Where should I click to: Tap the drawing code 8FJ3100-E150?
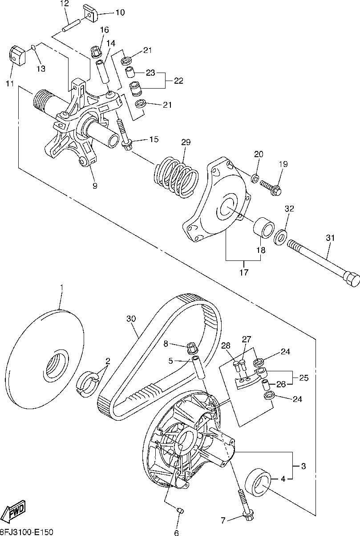click(26, 532)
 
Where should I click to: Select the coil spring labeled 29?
click(176, 177)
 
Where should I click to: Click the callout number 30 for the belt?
click(131, 319)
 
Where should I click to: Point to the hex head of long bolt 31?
click(351, 279)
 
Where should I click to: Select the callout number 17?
click(244, 272)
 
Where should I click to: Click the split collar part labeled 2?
click(87, 384)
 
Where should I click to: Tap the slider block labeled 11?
click(17, 55)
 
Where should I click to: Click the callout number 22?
click(178, 81)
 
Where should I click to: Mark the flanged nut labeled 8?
click(192, 348)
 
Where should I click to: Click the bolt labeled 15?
click(124, 134)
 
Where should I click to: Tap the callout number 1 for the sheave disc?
click(62, 287)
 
